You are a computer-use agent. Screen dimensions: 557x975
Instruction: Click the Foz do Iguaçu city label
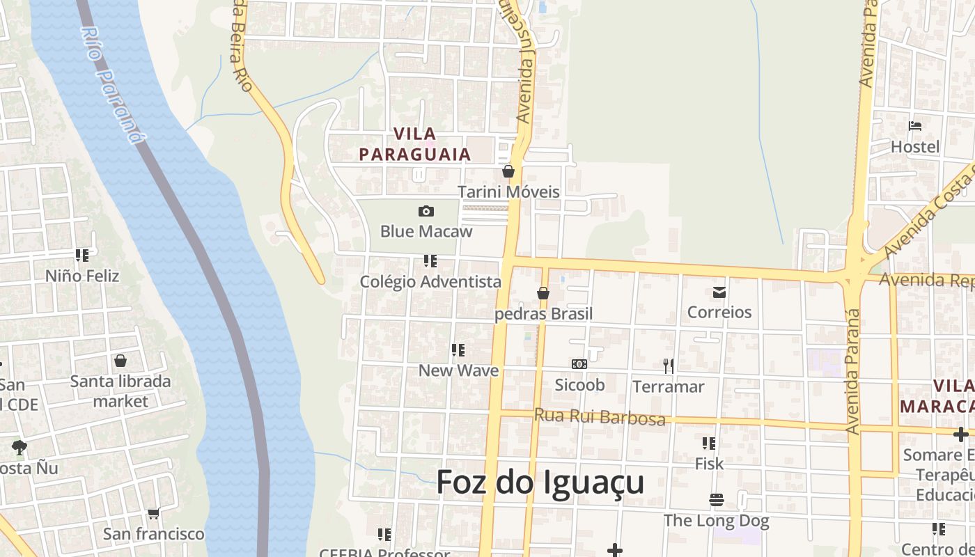pyautogui.click(x=540, y=482)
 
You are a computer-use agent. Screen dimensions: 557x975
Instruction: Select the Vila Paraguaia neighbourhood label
pyautogui.click(x=415, y=144)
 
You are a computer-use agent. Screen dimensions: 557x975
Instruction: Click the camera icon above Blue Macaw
pyautogui.click(x=426, y=211)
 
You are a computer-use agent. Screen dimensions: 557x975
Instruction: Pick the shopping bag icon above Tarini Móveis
pyautogui.click(x=508, y=171)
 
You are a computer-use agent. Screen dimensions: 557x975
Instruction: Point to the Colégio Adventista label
pyautogui.click(x=430, y=281)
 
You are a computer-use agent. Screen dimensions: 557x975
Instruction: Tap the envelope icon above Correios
pyautogui.click(x=719, y=292)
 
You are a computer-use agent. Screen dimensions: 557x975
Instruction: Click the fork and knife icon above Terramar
pyautogui.click(x=669, y=366)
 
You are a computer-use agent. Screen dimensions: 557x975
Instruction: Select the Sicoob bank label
pyautogui.click(x=579, y=384)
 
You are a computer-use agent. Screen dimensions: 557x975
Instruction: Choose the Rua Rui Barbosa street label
pyautogui.click(x=599, y=416)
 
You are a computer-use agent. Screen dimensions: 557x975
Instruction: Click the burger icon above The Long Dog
pyautogui.click(x=716, y=500)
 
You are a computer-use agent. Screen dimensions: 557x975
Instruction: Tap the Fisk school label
pyautogui.click(x=709, y=463)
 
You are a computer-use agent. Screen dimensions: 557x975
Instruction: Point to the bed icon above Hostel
pyautogui.click(x=915, y=127)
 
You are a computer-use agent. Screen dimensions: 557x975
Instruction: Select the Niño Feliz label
pyautogui.click(x=82, y=276)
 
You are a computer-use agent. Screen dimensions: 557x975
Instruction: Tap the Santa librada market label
pyautogui.click(x=120, y=391)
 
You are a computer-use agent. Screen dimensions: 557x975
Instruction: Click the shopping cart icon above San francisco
pyautogui.click(x=153, y=514)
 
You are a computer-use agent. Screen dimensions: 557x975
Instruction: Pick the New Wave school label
pyautogui.click(x=458, y=370)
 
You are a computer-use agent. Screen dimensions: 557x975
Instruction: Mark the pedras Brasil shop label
pyautogui.click(x=543, y=313)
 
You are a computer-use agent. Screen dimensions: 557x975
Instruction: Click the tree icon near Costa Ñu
pyautogui.click(x=19, y=447)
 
